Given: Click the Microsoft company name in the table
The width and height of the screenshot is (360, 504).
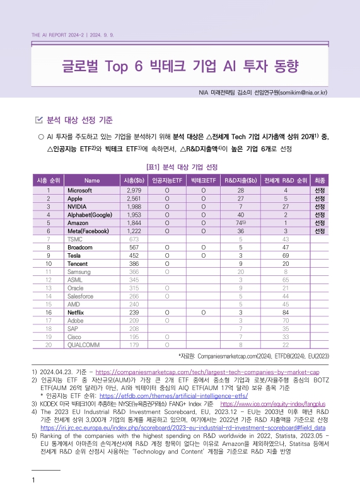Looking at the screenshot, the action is pos(81,190).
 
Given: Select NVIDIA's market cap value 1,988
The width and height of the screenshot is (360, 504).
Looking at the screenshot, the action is pos(133,206).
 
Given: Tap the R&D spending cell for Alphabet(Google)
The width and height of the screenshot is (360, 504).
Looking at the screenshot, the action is pos(240,214).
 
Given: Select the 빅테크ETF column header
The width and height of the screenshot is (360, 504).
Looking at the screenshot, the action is pos(204,180).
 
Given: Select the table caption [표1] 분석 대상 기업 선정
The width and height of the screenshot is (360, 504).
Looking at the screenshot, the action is pos(182,167).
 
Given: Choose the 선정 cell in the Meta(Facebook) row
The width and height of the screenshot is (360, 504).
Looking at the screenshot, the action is pos(320,231).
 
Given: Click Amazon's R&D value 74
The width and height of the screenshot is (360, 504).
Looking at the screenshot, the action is pos(240,222).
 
